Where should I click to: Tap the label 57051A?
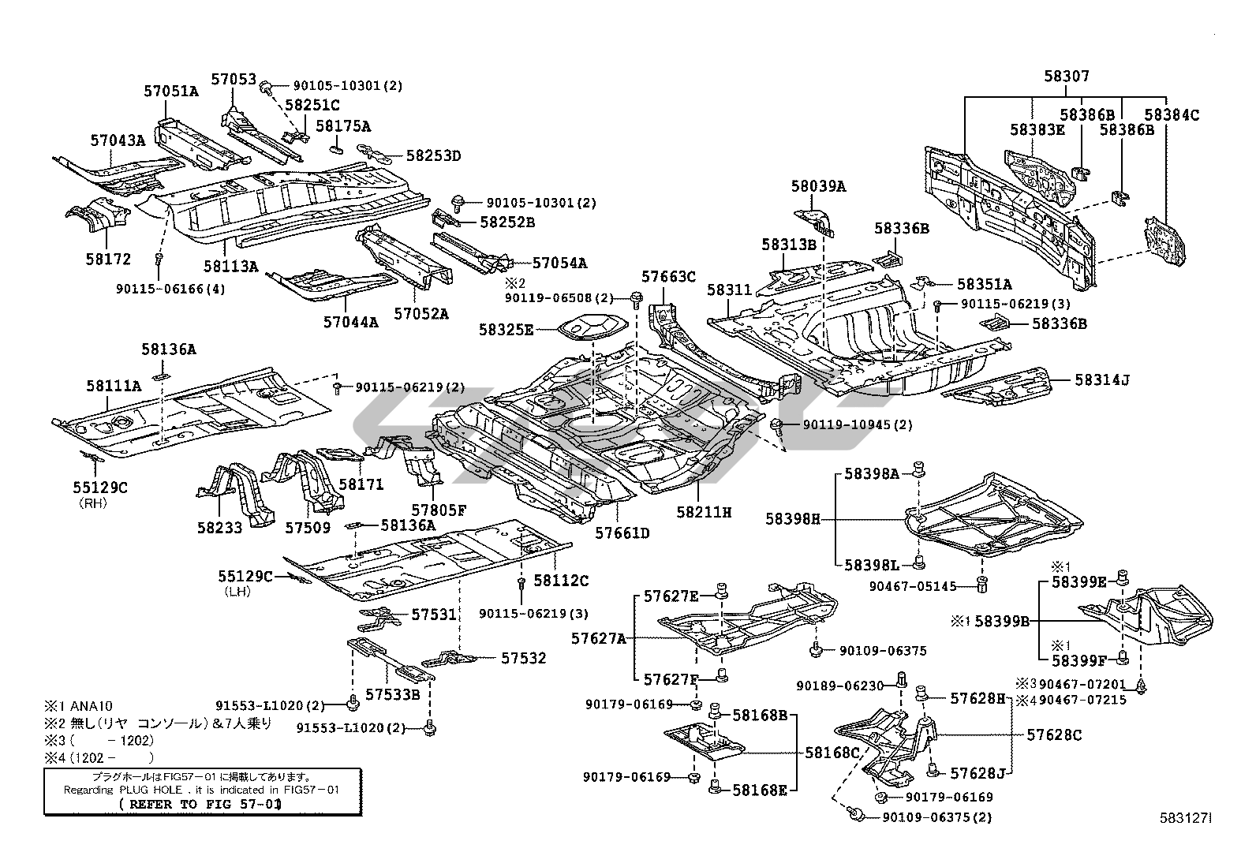[171, 91]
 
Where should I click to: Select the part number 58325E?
[506, 329]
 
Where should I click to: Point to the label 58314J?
[1102, 380]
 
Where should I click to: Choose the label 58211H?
[704, 512]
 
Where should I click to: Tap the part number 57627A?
[600, 637]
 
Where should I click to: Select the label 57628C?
[1054, 735]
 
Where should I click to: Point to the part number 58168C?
[833, 753]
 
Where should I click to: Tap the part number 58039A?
[818, 186]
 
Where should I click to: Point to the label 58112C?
[561, 581]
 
